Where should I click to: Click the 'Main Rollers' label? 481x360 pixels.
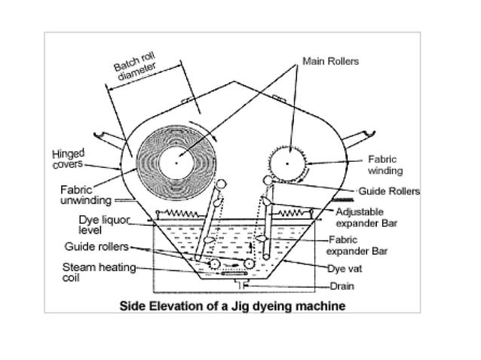331,59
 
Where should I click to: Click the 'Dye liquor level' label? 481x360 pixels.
105,223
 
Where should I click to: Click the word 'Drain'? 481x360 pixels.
342,286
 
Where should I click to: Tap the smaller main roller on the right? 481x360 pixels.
288,162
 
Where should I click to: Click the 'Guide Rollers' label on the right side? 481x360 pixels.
388,191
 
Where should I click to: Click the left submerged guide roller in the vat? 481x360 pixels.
215,264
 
